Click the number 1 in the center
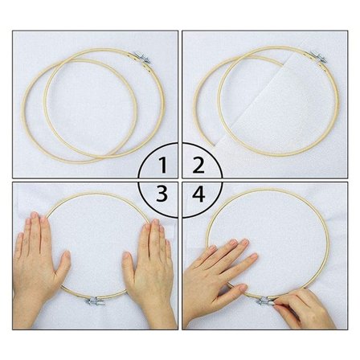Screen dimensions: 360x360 click(x=164, y=166)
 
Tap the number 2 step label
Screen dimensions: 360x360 click(x=196, y=166)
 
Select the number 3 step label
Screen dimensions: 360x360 click(x=163, y=194)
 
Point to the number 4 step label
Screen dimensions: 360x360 click(x=197, y=194)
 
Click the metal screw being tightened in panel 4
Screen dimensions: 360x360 click(x=264, y=301)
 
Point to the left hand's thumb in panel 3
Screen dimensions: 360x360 click(x=61, y=265)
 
